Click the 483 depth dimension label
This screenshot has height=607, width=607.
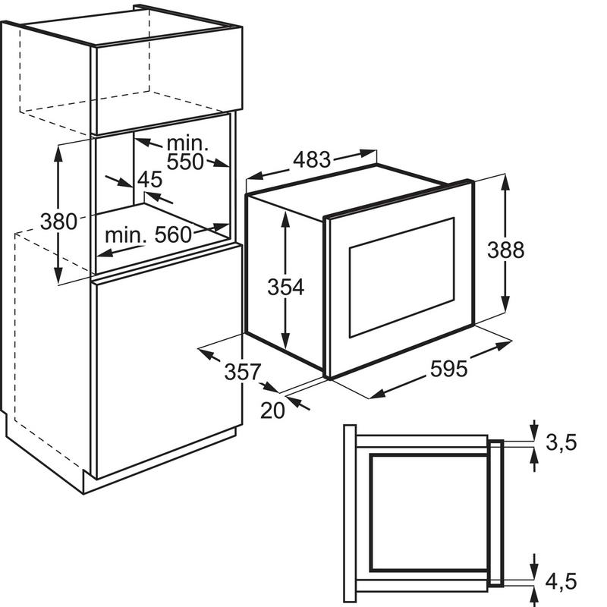tap(312, 159)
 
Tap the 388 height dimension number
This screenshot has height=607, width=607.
tap(505, 250)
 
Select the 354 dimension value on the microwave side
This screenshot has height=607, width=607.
tap(286, 287)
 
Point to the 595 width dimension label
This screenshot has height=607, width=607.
tap(448, 369)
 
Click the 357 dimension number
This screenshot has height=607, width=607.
tap(243, 372)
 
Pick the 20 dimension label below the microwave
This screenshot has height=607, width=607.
tap(272, 410)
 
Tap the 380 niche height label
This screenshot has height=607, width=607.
tap(59, 222)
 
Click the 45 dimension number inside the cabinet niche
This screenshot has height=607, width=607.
tap(149, 179)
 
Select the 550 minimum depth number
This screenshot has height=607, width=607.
tap(184, 162)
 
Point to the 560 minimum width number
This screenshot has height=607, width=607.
tap(173, 234)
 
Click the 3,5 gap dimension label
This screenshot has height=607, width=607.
tap(561, 442)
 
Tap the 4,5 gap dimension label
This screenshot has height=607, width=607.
tap(561, 581)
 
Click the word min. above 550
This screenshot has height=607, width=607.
tap(187, 143)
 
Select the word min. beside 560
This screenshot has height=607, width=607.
tap(125, 235)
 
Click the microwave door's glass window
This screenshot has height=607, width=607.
tap(402, 277)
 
